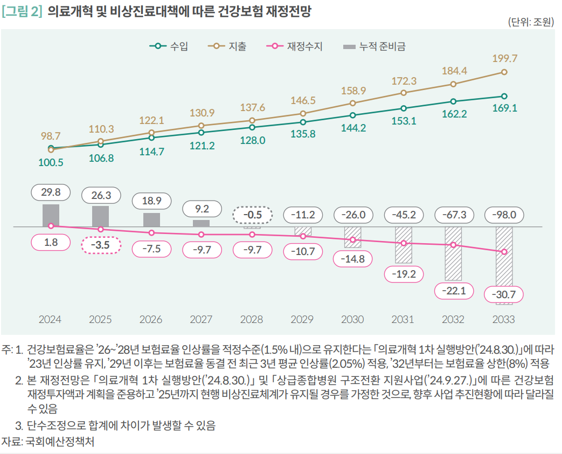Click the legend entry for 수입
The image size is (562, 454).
click(x=169, y=46)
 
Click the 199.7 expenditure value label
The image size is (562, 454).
click(x=505, y=58)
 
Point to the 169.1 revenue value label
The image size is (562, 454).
click(x=505, y=108)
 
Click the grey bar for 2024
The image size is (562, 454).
click(x=51, y=216)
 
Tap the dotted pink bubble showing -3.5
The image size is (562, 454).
click(x=101, y=245)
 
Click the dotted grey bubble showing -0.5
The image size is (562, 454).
click(x=252, y=215)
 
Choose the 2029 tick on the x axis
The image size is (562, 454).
click(x=302, y=319)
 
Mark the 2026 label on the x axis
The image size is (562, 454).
click(x=151, y=319)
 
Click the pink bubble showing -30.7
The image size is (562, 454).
click(x=504, y=294)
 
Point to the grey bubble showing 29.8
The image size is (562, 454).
click(x=51, y=192)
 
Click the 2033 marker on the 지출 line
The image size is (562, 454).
click(x=504, y=72)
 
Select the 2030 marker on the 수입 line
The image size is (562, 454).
click(x=353, y=115)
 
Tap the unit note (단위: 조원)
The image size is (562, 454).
click(x=530, y=23)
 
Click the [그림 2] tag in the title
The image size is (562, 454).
click(x=22, y=10)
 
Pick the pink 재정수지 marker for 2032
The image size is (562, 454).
click(x=454, y=245)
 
